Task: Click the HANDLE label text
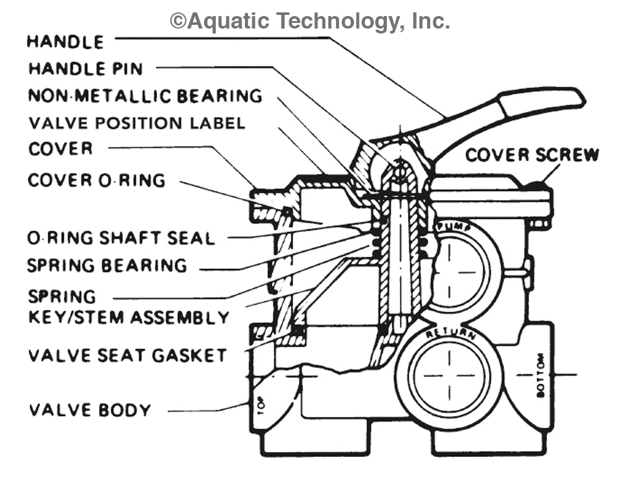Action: click(64, 42)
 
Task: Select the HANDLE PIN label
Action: click(86, 68)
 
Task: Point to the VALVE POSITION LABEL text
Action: click(136, 123)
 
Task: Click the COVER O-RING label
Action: click(97, 180)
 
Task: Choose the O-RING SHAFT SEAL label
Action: click(121, 238)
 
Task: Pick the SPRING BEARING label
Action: click(107, 265)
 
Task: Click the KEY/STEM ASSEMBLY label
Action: click(128, 318)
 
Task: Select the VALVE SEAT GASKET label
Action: click(127, 356)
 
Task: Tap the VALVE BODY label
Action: click(90, 410)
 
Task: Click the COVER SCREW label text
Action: click(532, 154)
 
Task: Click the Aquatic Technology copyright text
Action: click(310, 21)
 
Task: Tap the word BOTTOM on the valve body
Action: click(540, 375)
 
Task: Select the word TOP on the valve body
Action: click(260, 407)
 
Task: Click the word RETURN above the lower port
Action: click(450, 335)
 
